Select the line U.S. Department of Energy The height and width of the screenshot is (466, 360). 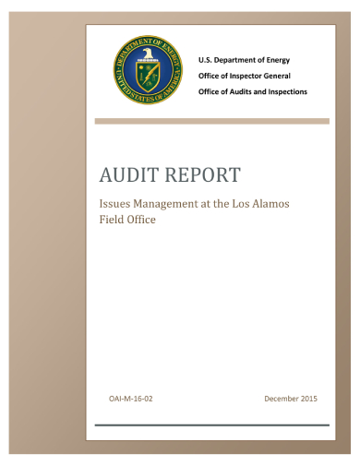[x=244, y=59]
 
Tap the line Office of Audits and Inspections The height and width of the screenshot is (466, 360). [x=253, y=92]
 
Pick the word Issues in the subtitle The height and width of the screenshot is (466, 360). [x=115, y=204]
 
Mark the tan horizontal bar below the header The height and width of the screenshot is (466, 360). [x=211, y=121]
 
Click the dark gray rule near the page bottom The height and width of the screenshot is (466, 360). [x=211, y=425]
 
